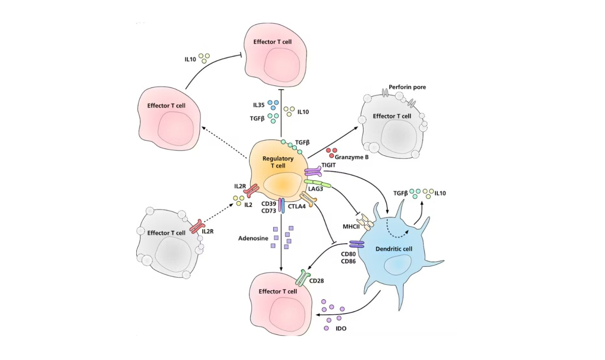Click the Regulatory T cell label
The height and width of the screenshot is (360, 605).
(x=278, y=162)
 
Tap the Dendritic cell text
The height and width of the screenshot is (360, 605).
(x=393, y=249)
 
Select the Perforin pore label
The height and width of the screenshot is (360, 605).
(x=407, y=87)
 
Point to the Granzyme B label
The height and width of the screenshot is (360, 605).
(x=351, y=157)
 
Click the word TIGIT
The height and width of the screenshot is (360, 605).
(x=328, y=165)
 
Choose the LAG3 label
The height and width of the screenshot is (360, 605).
(x=315, y=189)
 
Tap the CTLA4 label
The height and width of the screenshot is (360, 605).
(x=296, y=206)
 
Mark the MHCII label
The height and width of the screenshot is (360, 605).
(x=351, y=227)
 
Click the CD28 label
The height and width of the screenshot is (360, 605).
(x=316, y=281)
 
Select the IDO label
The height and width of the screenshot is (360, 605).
(x=341, y=328)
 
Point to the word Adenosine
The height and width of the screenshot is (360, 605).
(x=253, y=238)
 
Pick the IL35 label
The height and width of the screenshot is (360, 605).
(x=258, y=105)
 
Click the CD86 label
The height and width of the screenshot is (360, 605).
(x=348, y=261)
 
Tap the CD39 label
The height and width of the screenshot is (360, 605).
(x=268, y=204)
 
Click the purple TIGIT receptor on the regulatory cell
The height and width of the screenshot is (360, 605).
(x=313, y=172)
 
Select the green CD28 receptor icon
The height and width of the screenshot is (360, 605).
(x=303, y=277)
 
